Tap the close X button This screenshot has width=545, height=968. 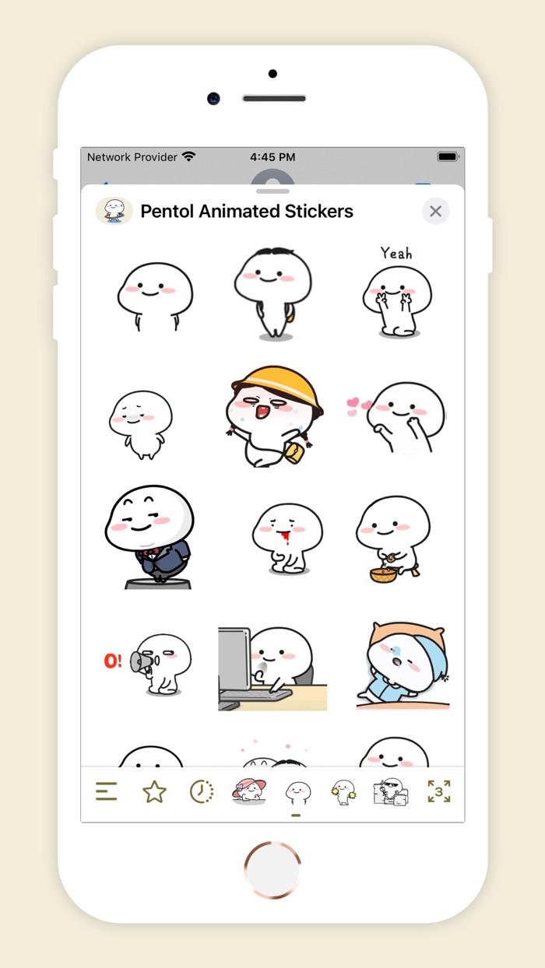click(435, 211)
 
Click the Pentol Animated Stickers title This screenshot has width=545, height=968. click(247, 211)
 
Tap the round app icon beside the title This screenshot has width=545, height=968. click(114, 211)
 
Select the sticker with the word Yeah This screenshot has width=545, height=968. click(396, 293)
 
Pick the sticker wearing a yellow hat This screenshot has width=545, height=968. click(277, 416)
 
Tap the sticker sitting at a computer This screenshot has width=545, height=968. click(272, 668)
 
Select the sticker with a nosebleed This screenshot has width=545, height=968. click(287, 538)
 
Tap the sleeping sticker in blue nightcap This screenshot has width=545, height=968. click(403, 665)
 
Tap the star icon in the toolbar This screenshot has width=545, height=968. click(154, 792)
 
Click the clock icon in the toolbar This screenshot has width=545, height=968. click(202, 792)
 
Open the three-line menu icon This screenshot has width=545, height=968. click(107, 792)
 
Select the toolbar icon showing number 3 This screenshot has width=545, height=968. click(439, 792)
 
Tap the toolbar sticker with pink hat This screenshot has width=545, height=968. click(249, 791)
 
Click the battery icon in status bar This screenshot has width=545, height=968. click(448, 156)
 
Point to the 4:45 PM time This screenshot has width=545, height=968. click(272, 157)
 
